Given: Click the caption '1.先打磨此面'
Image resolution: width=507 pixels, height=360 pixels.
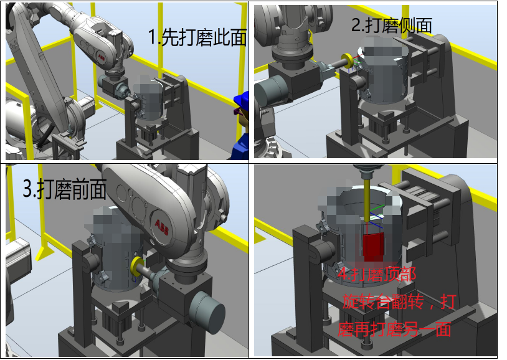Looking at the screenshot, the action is (x=197, y=37).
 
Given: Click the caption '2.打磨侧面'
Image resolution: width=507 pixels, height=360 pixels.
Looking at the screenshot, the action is (x=392, y=26).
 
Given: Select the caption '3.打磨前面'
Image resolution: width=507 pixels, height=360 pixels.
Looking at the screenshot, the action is (x=65, y=189).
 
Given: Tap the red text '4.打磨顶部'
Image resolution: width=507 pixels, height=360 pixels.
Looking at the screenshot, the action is (x=377, y=274).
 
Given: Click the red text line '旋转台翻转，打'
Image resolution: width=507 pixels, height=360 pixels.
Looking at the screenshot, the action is (x=399, y=301).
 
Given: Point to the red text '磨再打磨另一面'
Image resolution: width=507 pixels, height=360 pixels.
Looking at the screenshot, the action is (x=394, y=329).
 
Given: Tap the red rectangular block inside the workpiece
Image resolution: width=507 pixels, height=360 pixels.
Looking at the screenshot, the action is (x=374, y=247).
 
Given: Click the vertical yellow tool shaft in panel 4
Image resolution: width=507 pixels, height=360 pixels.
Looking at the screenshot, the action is (x=367, y=200).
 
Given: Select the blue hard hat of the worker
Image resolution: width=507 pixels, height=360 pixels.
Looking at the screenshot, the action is (x=241, y=99).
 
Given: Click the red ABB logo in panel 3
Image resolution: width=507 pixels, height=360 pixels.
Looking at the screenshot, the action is (x=162, y=227).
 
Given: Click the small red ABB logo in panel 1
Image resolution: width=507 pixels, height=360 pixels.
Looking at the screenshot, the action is (x=101, y=58).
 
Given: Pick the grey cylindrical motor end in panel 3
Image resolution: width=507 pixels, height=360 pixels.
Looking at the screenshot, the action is (x=207, y=313).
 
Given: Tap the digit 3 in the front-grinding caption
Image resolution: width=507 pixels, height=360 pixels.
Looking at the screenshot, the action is (x=27, y=189).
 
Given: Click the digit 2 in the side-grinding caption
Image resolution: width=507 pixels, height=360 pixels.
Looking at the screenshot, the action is (x=356, y=26).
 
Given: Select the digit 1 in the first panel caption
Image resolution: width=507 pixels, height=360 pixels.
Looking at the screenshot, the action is (x=152, y=37).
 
